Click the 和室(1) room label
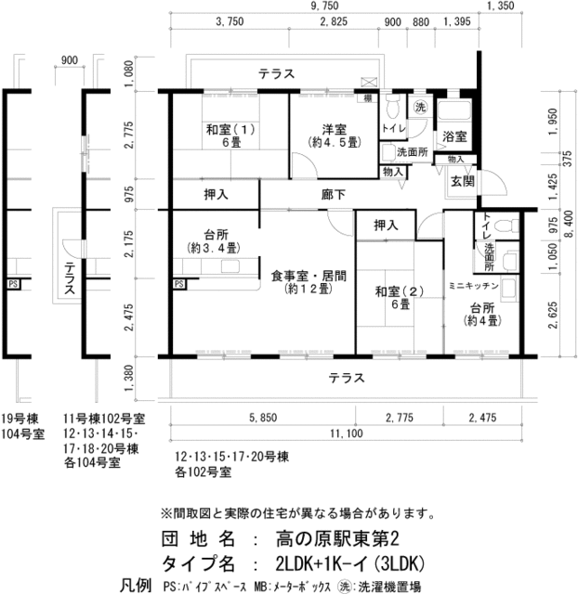coord(230,130)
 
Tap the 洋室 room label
coord(335,130)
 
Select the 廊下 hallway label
coord(334,195)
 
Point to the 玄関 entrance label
coord(463,182)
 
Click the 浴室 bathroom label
coord(454,136)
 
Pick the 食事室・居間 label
coord(309,276)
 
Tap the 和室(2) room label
coord(400,291)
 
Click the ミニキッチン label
coord(473,286)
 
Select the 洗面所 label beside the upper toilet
coord(413,152)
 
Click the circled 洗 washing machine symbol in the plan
coord(420,108)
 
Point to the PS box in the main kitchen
coord(179,284)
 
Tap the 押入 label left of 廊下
coord(216,195)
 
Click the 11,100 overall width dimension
coord(347,433)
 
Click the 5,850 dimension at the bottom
coord(263,418)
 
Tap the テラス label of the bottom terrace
coord(347,378)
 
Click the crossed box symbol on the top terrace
coord(369,82)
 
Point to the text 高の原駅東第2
coord(337,539)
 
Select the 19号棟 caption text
coord(20,420)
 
